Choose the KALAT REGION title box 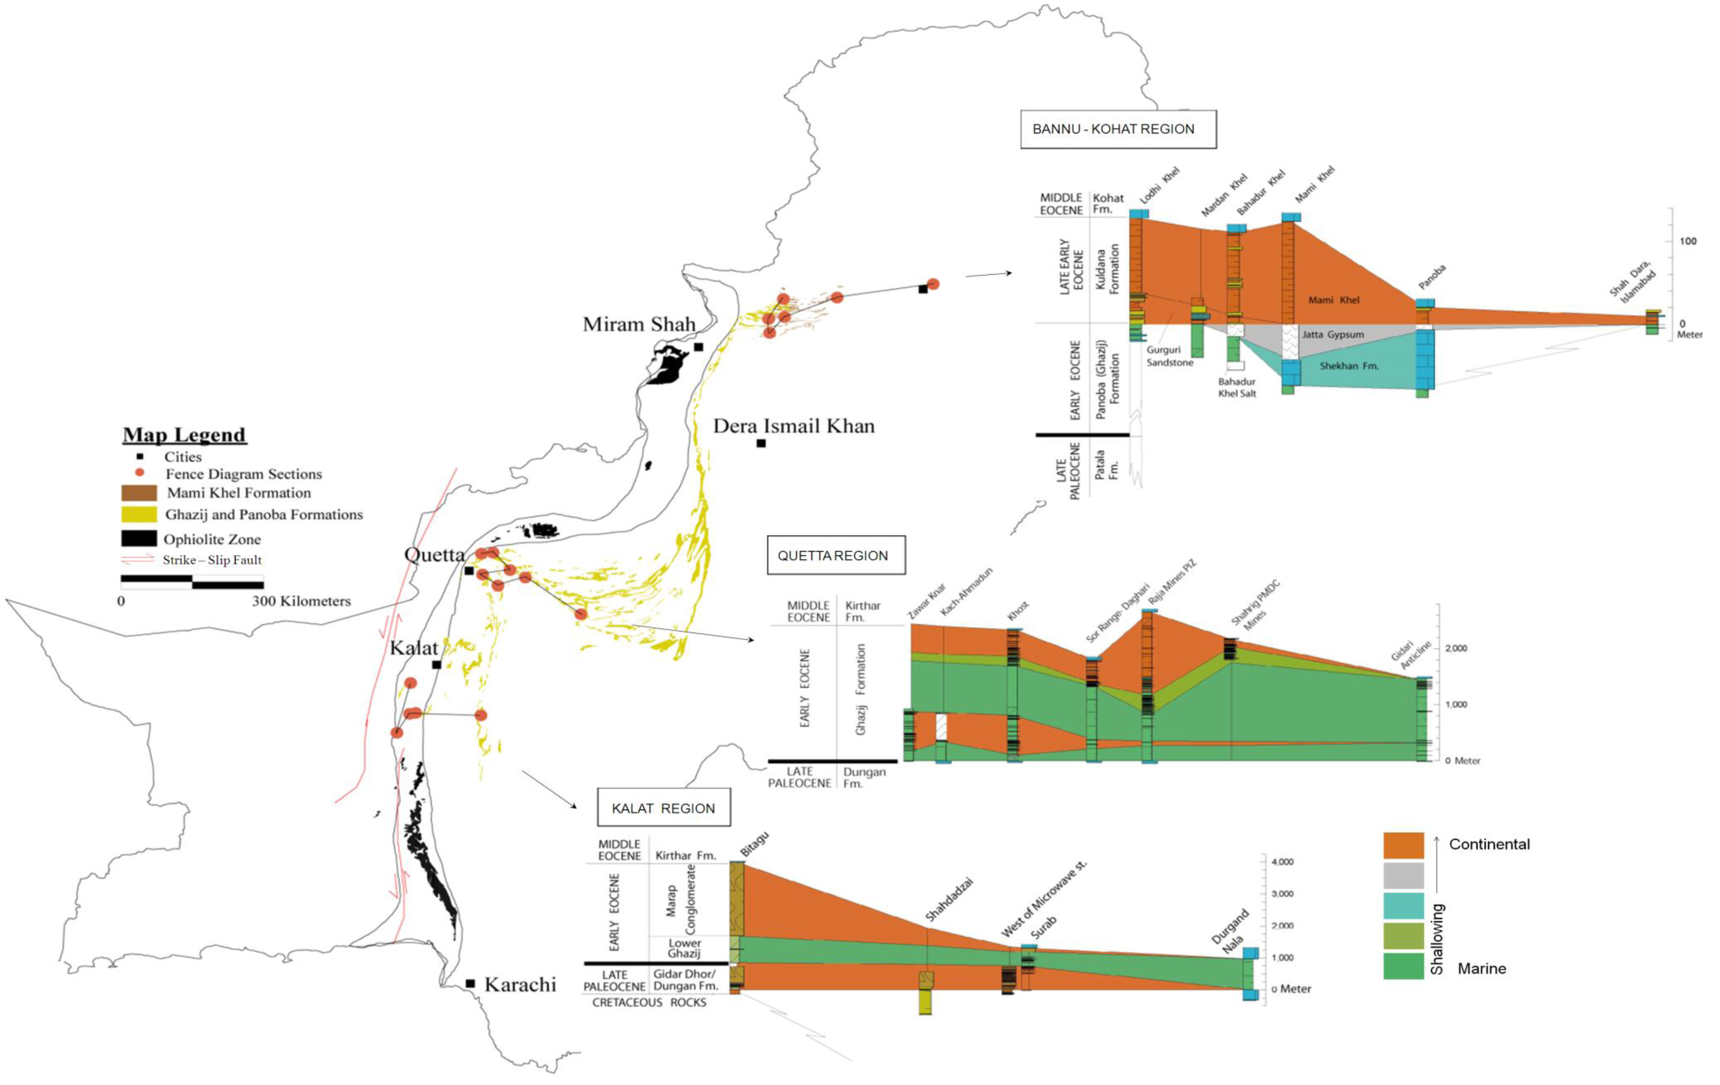coord(664,808)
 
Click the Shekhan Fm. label coord(1349,366)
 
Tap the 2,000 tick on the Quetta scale coord(1456,649)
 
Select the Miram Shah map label coord(638,324)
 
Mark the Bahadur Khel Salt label coord(1236,387)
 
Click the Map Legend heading coord(184,434)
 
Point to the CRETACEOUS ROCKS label coord(649,1003)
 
